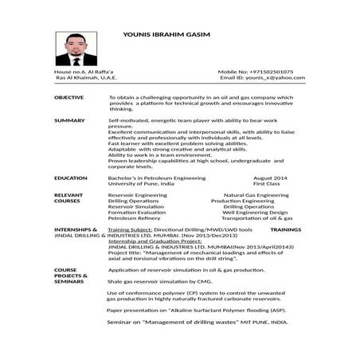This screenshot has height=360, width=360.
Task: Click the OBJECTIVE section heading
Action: [x=68, y=96]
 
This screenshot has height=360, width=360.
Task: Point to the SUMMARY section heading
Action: [x=68, y=120]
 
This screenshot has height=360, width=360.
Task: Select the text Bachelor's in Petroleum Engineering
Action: [x=156, y=178]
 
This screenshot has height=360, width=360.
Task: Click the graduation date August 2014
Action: [x=270, y=178]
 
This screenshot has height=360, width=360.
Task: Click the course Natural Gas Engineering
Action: [x=256, y=195]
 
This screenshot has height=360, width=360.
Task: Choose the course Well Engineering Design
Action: [x=255, y=213]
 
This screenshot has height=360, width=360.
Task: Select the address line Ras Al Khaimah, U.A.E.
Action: [x=86, y=79]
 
